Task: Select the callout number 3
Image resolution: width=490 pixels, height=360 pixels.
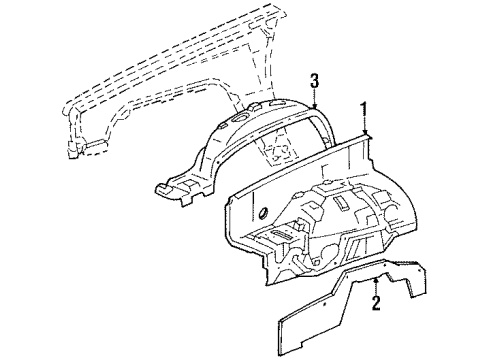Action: pos(315,82)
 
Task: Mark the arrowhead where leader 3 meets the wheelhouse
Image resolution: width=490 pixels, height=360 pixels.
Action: pos(315,107)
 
